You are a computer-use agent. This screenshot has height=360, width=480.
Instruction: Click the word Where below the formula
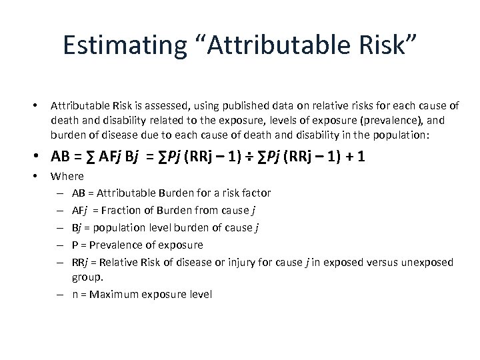pyautogui.click(x=67, y=176)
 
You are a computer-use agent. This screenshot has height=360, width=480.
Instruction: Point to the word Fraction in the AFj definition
pyautogui.click(x=135, y=210)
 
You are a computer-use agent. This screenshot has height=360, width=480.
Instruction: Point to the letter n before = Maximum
pyautogui.click(x=75, y=293)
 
